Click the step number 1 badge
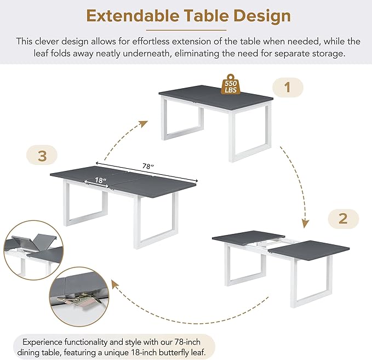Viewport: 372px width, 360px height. pyautogui.click(x=288, y=87)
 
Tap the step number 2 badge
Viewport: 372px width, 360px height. pyautogui.click(x=343, y=219)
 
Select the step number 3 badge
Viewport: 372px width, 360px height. pyautogui.click(x=42, y=156)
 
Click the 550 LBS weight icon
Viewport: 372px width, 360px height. pyautogui.click(x=231, y=84)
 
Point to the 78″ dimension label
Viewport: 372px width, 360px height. pyautogui.click(x=148, y=166)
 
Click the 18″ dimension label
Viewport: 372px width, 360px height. pyautogui.click(x=100, y=180)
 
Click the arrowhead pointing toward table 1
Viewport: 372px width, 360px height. pyautogui.click(x=144, y=124)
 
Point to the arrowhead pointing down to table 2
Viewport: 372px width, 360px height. pyautogui.click(x=305, y=224)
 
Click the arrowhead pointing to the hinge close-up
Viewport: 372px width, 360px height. pyautogui.click(x=115, y=284)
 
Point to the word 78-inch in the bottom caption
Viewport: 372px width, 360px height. pyautogui.click(x=187, y=342)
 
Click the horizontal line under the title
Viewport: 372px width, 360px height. pyautogui.click(x=186, y=30)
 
